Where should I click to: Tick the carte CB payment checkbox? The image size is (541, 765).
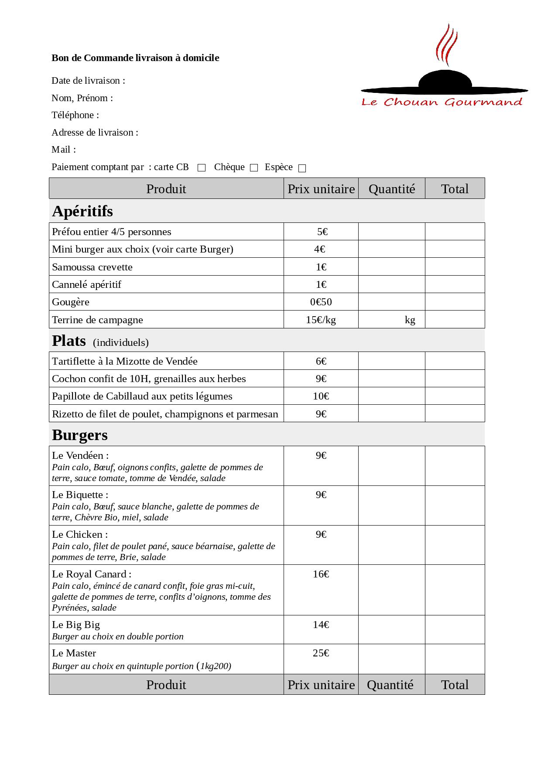click(202, 168)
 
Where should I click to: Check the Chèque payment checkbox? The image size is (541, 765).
click(254, 168)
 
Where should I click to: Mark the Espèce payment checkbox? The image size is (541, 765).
click(302, 168)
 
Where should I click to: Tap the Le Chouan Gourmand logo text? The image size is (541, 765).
click(442, 102)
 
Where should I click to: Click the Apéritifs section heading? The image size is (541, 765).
click(82, 211)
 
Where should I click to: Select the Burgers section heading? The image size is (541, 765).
click(80, 435)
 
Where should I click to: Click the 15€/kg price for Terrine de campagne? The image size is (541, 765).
click(321, 320)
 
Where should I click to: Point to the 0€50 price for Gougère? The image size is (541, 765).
click(321, 302)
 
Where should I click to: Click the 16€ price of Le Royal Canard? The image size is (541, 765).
click(321, 574)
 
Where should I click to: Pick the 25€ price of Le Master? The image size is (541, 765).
click(321, 653)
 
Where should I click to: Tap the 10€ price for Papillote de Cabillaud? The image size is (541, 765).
click(321, 396)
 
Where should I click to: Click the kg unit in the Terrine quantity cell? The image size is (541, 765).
click(410, 320)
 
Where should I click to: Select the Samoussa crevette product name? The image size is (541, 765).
click(92, 267)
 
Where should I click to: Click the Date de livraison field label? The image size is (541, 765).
click(88, 81)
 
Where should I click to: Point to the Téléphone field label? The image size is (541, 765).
click(75, 115)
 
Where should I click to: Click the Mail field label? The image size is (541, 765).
click(64, 150)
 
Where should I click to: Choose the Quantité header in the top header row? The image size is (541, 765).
click(391, 189)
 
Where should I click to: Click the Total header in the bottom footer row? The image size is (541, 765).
click(455, 685)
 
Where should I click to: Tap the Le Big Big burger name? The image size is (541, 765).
click(76, 625)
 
